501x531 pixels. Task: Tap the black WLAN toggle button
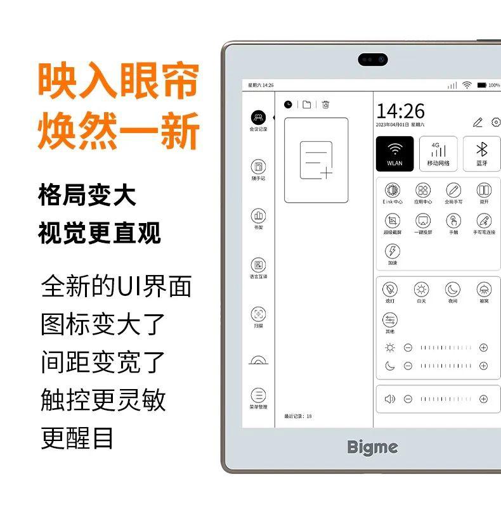pyautogui.click(x=394, y=154)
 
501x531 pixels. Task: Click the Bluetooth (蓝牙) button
pyautogui.click(x=481, y=154)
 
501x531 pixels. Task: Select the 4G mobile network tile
pyautogui.click(x=438, y=154)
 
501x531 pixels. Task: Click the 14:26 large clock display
pyautogui.click(x=400, y=112)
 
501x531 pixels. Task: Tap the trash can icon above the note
pyautogui.click(x=325, y=105)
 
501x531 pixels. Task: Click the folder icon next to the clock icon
pyautogui.click(x=307, y=105)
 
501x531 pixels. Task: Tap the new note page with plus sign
pyautogui.click(x=316, y=160)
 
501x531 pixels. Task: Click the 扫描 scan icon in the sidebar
pyautogui.click(x=258, y=314)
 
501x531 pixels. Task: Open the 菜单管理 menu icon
pyautogui.click(x=258, y=395)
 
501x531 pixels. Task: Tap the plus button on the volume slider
pyautogui.click(x=483, y=399)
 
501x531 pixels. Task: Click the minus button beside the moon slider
pyautogui.click(x=408, y=366)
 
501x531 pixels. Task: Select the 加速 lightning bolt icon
pyautogui.click(x=393, y=252)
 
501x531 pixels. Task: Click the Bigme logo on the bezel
pyautogui.click(x=372, y=447)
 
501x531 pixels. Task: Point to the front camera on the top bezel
pyautogui.click(x=372, y=60)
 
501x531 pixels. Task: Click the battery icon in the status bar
pyautogui.click(x=481, y=85)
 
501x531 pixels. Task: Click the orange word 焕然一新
pyautogui.click(x=119, y=130)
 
